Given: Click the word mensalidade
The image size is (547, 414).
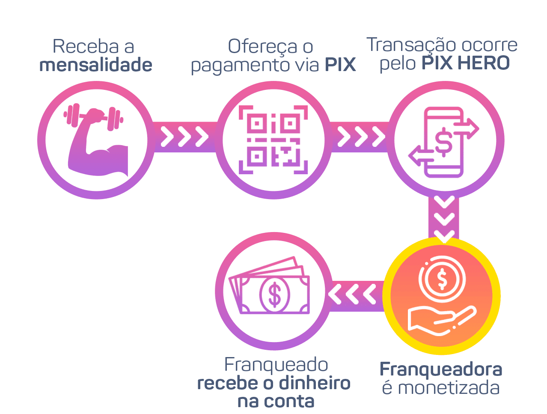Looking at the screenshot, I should tap(95, 65).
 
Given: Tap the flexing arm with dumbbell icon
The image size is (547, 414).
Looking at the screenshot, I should tap(96, 139).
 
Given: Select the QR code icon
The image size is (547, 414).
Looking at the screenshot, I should tap(273, 140).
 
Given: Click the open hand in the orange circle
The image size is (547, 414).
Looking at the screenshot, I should tap(441, 319).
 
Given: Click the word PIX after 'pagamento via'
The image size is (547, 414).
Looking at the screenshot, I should tap(340, 65).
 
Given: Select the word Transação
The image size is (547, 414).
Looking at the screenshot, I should tap(405, 45).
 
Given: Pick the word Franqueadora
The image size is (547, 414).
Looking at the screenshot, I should tap(441, 369).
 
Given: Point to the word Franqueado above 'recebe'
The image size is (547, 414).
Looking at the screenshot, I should tap(276, 365).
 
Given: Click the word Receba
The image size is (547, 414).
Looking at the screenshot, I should tap(81, 46).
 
